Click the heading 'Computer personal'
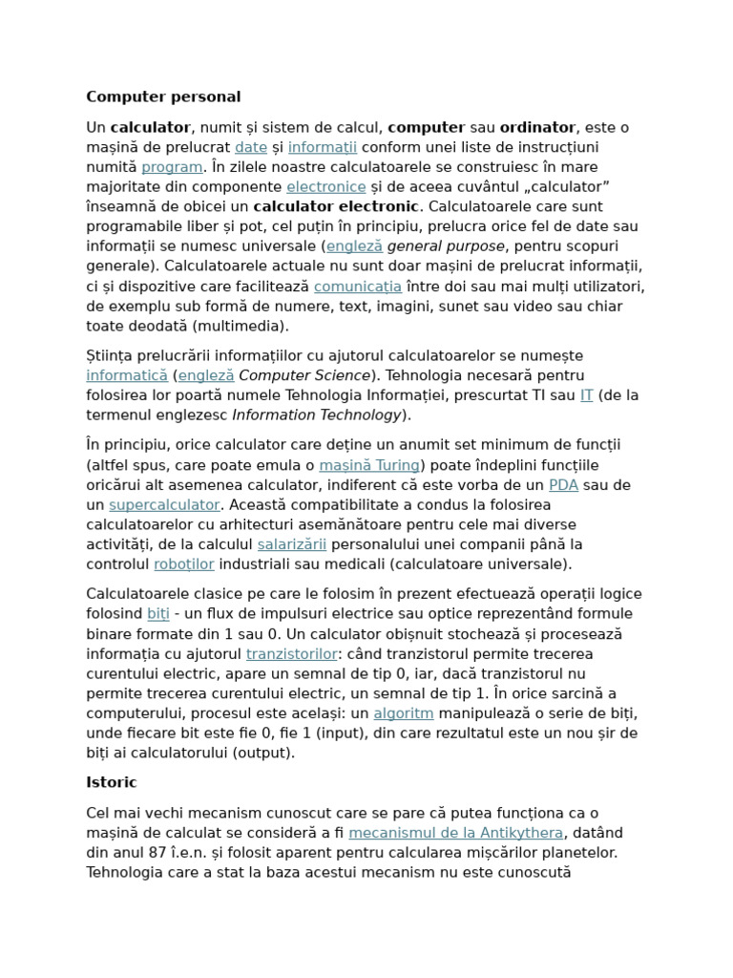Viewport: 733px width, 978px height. [163, 96]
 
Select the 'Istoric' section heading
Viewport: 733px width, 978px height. [112, 782]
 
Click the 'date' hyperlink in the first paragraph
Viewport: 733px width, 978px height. [251, 147]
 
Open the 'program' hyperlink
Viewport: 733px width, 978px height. [172, 167]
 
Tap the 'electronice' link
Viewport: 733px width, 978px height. [326, 187]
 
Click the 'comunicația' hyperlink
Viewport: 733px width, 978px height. [358, 287]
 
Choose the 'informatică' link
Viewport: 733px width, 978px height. [127, 375]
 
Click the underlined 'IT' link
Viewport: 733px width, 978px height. [587, 395]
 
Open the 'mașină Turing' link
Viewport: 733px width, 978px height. [369, 465]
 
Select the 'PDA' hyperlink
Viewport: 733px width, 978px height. [564, 485]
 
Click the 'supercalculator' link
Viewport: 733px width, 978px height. [164, 504]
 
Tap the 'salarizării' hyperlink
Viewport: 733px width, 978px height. [292, 544]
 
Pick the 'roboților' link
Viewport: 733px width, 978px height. [184, 563]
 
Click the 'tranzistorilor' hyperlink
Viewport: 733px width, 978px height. [292, 654]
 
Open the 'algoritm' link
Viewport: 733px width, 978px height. [404, 713]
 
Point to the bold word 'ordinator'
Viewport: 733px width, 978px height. [537, 127]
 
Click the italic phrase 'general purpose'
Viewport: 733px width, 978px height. [447, 246]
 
